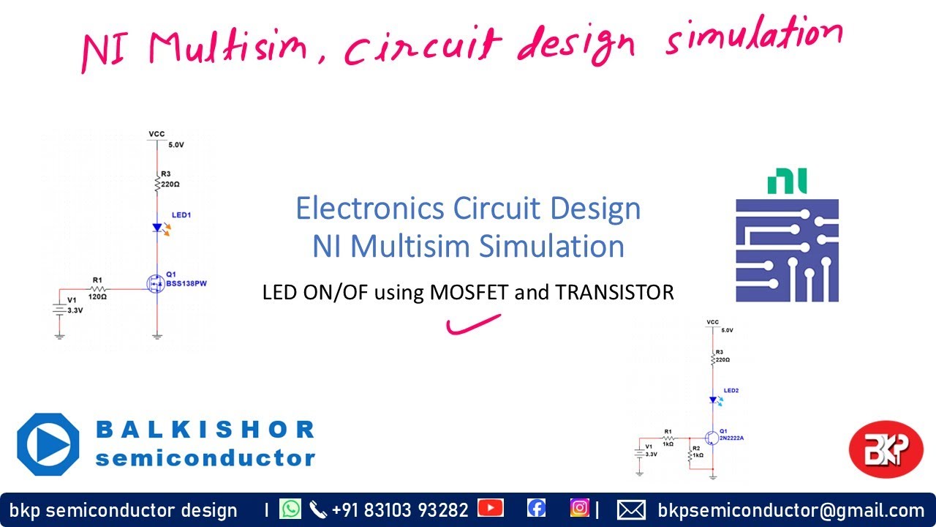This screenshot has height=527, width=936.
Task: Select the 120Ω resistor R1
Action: click(x=98, y=290)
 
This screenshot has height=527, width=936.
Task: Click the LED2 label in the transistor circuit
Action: click(x=731, y=391)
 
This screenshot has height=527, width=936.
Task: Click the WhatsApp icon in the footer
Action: click(x=290, y=509)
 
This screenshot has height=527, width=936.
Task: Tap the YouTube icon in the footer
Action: click(x=490, y=508)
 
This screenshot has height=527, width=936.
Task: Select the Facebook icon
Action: click(x=536, y=508)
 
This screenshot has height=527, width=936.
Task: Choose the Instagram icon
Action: click(x=580, y=508)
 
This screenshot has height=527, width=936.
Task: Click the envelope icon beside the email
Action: click(x=631, y=509)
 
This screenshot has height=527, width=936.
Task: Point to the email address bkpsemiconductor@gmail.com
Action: click(x=791, y=510)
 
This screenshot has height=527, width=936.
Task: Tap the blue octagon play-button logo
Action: click(x=48, y=445)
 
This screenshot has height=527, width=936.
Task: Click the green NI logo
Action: click(x=787, y=182)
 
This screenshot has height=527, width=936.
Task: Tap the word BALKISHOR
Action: click(x=205, y=429)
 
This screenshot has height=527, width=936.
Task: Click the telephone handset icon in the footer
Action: click(x=318, y=509)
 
